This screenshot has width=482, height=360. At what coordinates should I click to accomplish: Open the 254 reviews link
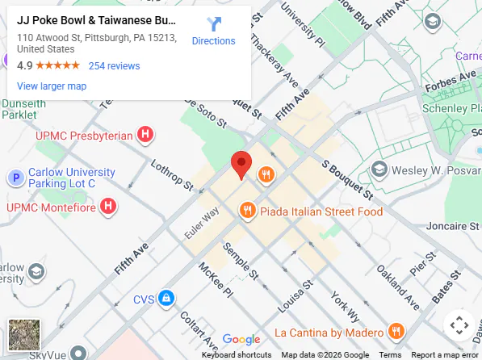coord(114,66)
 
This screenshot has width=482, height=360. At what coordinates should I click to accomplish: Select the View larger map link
coord(52,86)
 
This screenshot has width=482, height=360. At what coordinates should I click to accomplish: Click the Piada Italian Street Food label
coord(321,211)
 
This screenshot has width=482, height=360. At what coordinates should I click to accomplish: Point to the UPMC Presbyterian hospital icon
coord(145,135)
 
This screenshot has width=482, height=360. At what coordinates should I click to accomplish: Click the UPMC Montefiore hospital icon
coord(108,207)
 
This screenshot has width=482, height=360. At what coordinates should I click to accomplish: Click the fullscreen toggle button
coord(459,325)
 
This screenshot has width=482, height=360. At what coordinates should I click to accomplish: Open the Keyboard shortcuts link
coord(237,355)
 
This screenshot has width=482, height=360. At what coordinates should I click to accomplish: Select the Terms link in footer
coord(390,355)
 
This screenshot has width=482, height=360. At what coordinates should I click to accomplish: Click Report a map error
coord(444,355)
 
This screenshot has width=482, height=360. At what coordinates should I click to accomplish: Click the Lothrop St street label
coord(172,174)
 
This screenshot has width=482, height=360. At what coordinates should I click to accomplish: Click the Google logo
coord(241,340)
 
